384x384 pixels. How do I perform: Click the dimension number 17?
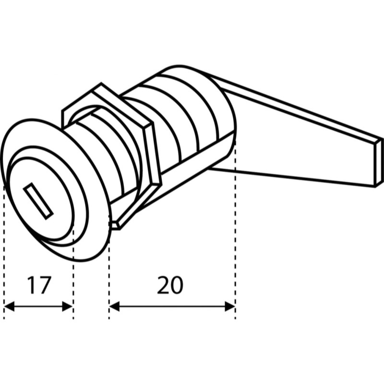tap(39, 285)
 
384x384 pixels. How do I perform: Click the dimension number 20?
tap(170, 285)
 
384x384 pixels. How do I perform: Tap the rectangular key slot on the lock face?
tap(38, 201)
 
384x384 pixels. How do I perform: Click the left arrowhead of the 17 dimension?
tap(9, 306)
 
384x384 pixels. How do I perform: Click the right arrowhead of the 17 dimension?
tap(68, 306)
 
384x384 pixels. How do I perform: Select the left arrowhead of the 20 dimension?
tap(114, 306)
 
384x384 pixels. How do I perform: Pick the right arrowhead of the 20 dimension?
tap(230, 306)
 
